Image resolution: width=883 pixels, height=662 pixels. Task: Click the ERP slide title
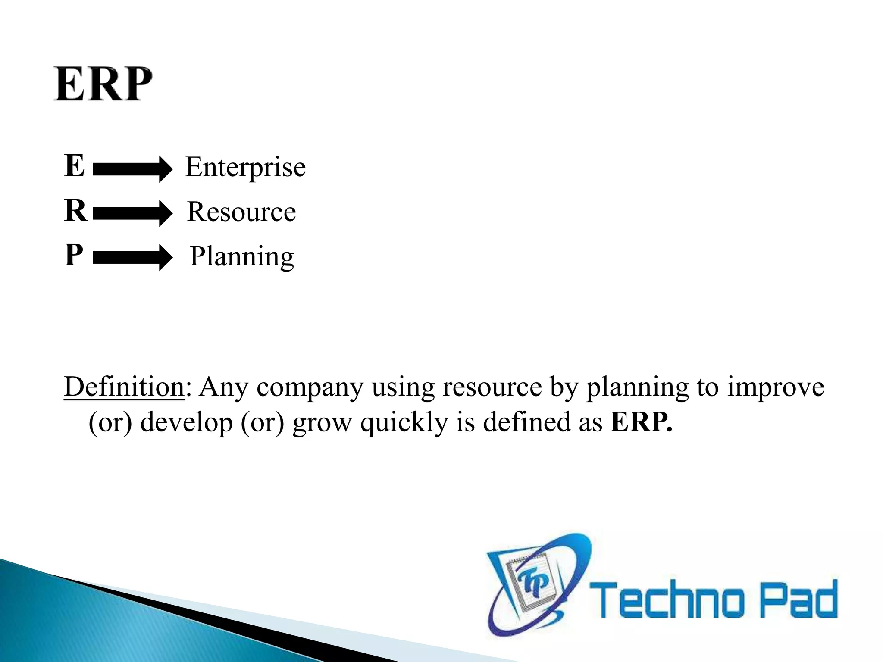(x=103, y=84)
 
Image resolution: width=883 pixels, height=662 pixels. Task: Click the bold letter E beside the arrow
(x=75, y=165)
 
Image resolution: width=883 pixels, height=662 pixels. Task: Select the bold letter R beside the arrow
(x=75, y=211)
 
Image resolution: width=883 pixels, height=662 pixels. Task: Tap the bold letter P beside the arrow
(x=74, y=255)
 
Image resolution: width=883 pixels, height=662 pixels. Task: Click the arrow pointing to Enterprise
(x=132, y=169)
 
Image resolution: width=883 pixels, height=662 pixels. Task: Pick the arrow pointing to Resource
(x=132, y=213)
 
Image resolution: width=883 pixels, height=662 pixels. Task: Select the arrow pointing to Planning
(x=132, y=257)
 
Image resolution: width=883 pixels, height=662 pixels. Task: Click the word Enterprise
(x=245, y=167)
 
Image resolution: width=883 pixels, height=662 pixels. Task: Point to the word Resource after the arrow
(x=241, y=212)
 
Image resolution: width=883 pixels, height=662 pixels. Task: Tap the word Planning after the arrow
(x=242, y=257)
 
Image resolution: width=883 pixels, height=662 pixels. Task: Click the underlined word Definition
(x=124, y=387)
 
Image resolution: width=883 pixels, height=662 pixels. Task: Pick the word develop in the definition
(x=186, y=423)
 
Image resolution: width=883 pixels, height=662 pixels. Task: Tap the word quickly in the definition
(x=404, y=423)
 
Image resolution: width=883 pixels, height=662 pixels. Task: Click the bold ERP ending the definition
(x=641, y=422)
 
